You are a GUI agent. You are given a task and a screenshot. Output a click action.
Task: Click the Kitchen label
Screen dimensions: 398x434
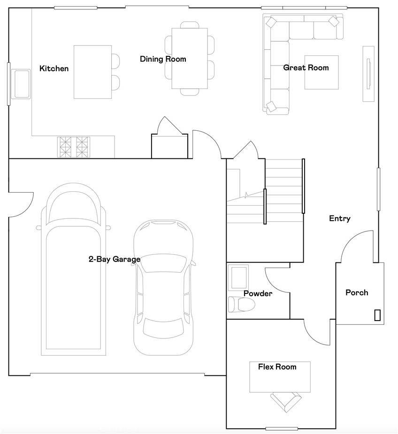54,68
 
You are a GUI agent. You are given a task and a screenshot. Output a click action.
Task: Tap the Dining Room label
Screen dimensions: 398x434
163,59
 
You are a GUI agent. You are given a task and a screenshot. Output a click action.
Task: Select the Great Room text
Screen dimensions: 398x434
306,67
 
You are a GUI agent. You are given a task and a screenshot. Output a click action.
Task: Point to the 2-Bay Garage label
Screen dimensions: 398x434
115,259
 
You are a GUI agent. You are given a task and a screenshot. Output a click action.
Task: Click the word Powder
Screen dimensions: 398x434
258,293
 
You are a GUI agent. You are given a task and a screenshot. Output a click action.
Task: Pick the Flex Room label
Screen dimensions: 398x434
277,367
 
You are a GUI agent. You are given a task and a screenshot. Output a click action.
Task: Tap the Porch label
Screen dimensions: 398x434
357,292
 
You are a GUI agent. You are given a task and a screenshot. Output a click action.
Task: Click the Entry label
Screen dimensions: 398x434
340,218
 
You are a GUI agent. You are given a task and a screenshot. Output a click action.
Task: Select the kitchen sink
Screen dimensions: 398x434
21,84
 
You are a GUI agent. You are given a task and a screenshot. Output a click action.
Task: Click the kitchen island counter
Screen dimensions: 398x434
92,72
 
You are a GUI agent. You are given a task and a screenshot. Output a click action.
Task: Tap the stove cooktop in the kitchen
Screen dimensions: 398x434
74,147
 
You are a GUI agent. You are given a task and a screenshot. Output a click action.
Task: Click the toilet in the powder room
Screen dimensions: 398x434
241,305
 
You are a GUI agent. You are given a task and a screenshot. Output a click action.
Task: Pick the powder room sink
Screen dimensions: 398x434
238,277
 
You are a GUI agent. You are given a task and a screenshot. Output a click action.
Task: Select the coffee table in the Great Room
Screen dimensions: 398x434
321,72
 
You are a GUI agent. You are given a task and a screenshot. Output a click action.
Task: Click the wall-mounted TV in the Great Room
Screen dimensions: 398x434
368,74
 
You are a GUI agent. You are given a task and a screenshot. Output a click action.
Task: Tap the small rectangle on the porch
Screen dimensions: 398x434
377,315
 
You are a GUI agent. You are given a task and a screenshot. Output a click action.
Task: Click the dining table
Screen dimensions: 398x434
190,59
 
